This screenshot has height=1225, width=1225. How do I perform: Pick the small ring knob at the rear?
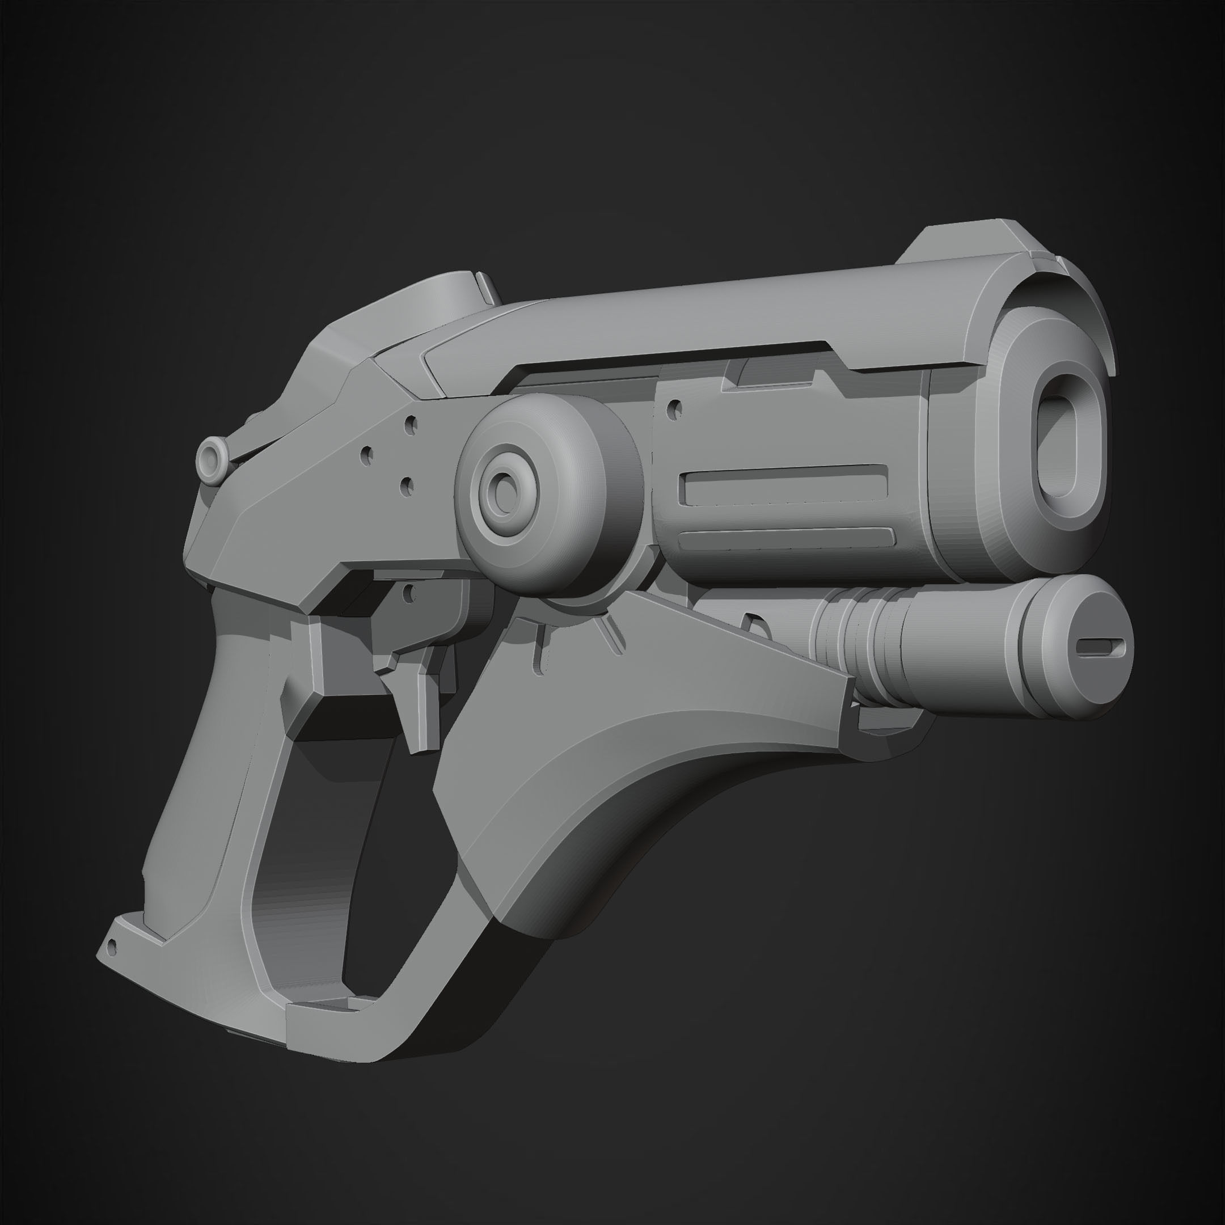(211, 455)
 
